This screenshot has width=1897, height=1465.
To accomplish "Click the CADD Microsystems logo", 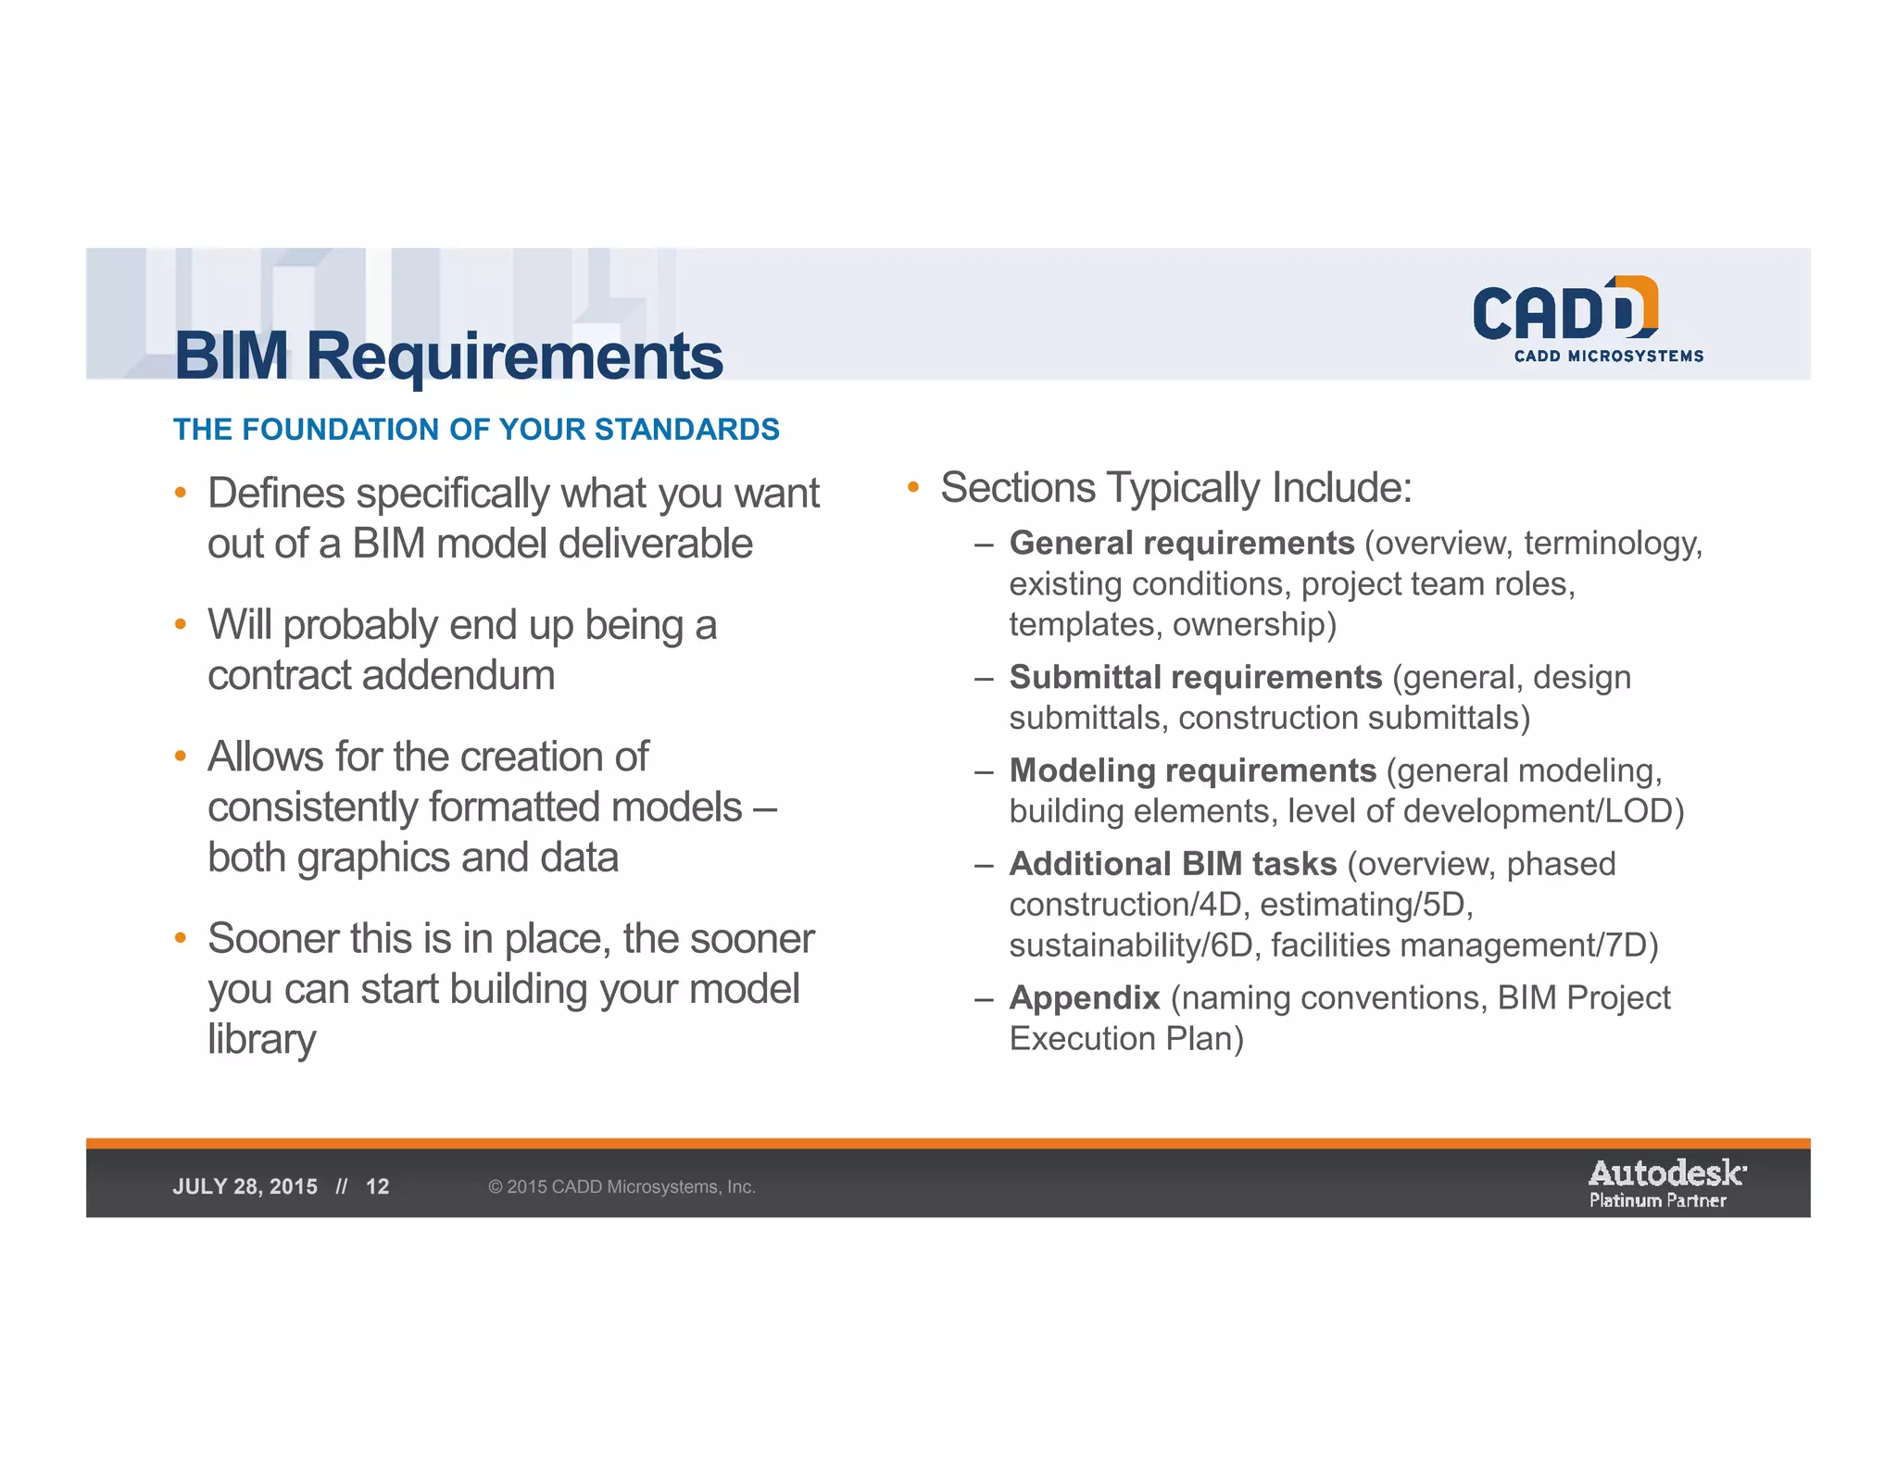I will (x=1587, y=319).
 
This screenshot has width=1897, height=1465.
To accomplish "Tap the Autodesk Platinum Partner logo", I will (x=1666, y=1184).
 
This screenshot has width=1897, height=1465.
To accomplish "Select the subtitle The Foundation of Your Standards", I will (x=476, y=430).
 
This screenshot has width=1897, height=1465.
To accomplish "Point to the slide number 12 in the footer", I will (x=378, y=1186).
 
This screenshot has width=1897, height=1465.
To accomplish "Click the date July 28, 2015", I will (x=245, y=1186).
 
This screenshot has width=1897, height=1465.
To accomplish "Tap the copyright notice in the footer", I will (x=622, y=1186).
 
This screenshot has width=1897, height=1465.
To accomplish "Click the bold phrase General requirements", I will (x=1181, y=543).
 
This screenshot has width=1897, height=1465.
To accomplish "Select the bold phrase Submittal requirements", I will (x=1195, y=677).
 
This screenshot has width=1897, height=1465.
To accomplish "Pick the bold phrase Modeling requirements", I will (x=1192, y=770).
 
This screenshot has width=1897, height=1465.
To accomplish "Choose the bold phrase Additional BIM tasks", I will (x=1173, y=863).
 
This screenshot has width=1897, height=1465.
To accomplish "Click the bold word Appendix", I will (x=1085, y=997).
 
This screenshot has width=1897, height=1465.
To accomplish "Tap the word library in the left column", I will (x=261, y=1039).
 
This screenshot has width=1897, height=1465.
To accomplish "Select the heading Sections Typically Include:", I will (x=1175, y=488).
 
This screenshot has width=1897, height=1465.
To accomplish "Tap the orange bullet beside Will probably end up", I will (x=181, y=624).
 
